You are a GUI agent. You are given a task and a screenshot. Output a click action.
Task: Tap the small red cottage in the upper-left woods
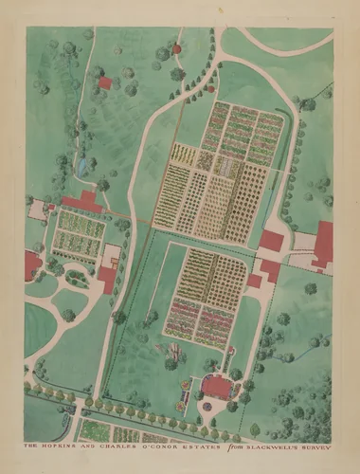(x=104, y=83)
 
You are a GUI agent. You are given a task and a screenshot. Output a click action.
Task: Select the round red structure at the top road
(x=176, y=47)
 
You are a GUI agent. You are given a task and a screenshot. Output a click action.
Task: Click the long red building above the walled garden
(x=82, y=201)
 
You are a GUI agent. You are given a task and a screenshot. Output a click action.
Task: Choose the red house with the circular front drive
(x=217, y=386)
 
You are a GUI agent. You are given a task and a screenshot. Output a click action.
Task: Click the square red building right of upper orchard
(x=272, y=241)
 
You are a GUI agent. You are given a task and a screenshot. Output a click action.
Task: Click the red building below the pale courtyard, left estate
(x=107, y=279)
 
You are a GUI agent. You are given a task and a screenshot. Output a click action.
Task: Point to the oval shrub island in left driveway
(x=76, y=279)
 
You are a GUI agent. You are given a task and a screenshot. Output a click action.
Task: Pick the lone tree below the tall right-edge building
(x=311, y=288)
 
